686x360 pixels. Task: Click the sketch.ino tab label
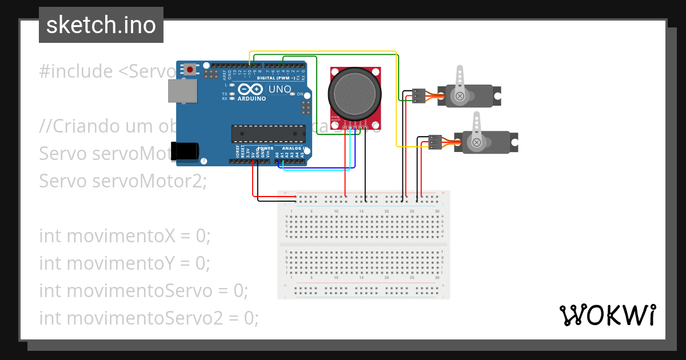tap(101, 25)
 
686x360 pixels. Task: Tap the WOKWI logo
tap(607, 315)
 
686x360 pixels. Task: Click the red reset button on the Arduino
tap(189, 69)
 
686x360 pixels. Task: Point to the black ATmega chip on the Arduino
tap(268, 133)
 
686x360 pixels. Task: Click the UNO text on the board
tap(280, 90)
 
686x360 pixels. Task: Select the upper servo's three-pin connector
tap(419, 95)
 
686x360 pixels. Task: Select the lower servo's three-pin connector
tap(436, 142)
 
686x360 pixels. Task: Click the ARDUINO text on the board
tap(252, 98)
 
